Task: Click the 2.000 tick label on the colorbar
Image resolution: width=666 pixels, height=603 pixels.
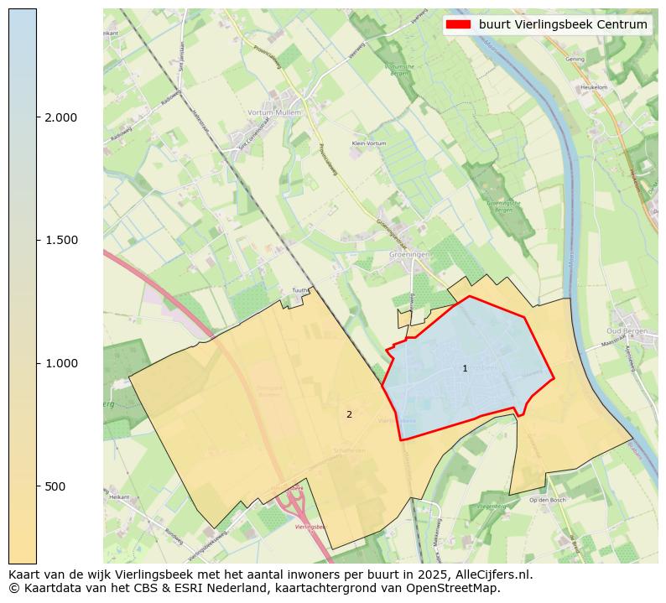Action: point(60,117)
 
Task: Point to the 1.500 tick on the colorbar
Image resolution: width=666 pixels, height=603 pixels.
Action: point(60,241)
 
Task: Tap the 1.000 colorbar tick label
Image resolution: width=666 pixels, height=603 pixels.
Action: point(60,363)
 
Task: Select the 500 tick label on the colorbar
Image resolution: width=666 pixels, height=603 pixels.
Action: point(55,486)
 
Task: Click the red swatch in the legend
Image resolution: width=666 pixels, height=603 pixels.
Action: point(458,24)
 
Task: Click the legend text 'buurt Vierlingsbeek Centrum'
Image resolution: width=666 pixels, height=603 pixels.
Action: point(563,24)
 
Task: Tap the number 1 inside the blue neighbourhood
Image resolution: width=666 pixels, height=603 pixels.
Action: point(465,369)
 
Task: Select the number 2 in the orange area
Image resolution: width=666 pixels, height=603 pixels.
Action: point(349,414)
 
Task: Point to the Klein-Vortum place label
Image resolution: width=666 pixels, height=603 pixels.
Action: point(369,143)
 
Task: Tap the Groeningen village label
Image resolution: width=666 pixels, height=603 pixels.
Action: point(409,253)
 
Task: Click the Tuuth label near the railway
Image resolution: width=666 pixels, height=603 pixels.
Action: point(299,291)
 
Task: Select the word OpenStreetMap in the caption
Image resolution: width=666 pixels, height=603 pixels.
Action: point(460,588)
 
